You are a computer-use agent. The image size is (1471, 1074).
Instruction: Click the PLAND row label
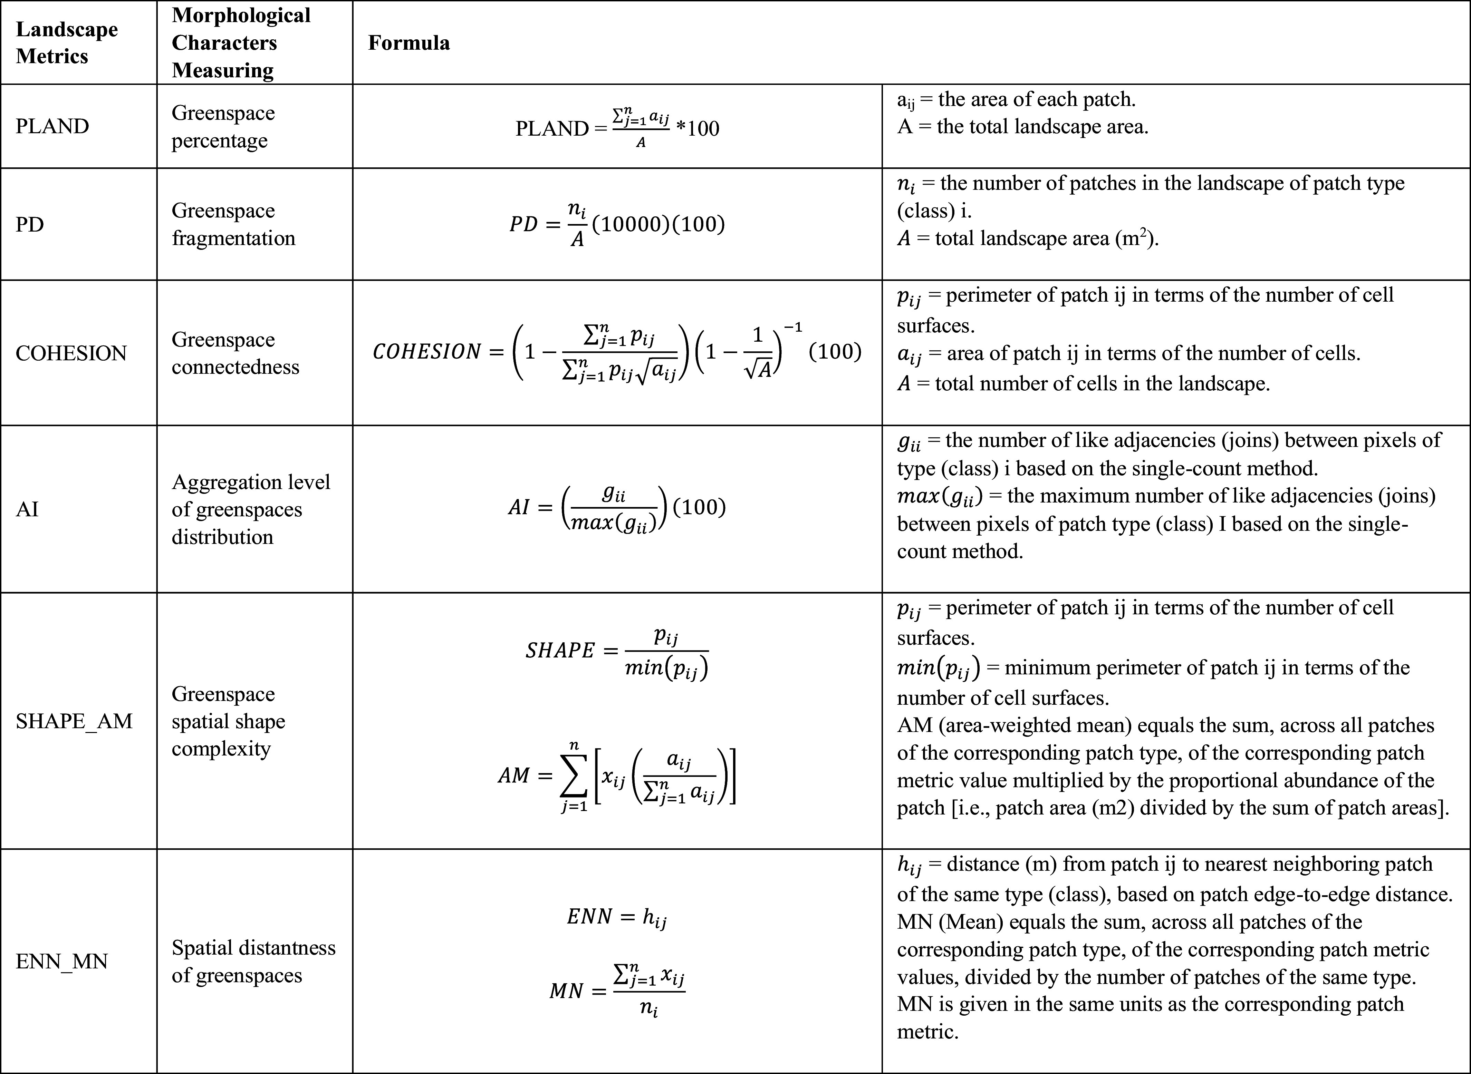[x=52, y=126]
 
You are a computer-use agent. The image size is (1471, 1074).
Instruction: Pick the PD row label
[x=30, y=224]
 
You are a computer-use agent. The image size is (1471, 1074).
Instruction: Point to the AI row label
[x=27, y=509]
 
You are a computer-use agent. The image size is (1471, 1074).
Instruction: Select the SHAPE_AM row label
[x=74, y=721]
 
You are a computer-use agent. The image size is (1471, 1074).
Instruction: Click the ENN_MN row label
[x=62, y=961]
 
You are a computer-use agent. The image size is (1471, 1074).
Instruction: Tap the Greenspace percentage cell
[x=223, y=127]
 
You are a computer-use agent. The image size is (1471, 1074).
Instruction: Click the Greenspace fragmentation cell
[x=233, y=224]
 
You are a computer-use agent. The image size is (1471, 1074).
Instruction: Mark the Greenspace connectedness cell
[x=235, y=353]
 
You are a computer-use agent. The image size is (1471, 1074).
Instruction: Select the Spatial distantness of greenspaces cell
[x=253, y=961]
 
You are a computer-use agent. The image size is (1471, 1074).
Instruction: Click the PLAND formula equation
[x=617, y=127]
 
